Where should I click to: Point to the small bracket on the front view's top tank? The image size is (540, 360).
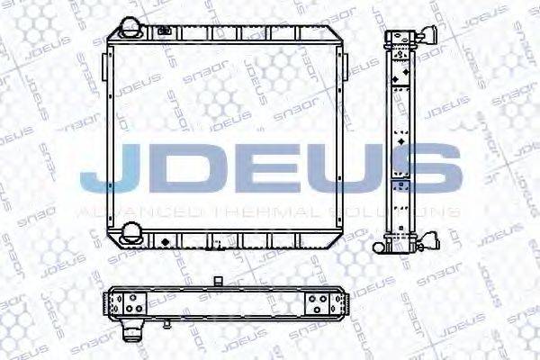[x=164, y=33]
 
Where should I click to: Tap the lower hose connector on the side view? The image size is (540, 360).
[x=430, y=240]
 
